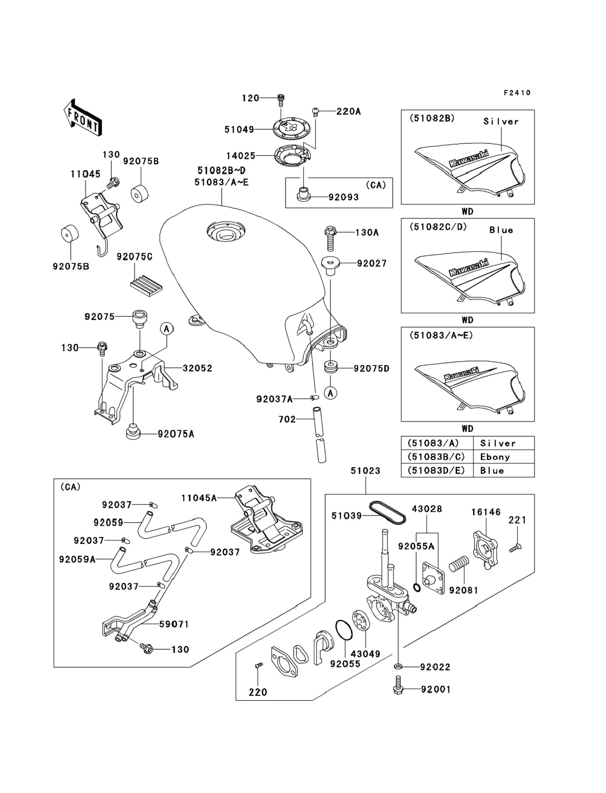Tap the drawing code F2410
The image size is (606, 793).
pos(517,93)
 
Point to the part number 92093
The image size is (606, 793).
pos(343,197)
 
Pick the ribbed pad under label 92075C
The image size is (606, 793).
pos(146,285)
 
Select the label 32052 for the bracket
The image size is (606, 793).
pos(197,368)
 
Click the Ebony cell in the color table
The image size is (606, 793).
pos(495,457)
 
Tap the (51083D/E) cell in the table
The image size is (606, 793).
pos(436,471)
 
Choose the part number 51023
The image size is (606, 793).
pos(365,471)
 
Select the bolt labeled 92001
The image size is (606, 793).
pos(398,689)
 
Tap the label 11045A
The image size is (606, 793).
pos(199,498)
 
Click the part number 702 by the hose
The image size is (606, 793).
pos(287,419)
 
